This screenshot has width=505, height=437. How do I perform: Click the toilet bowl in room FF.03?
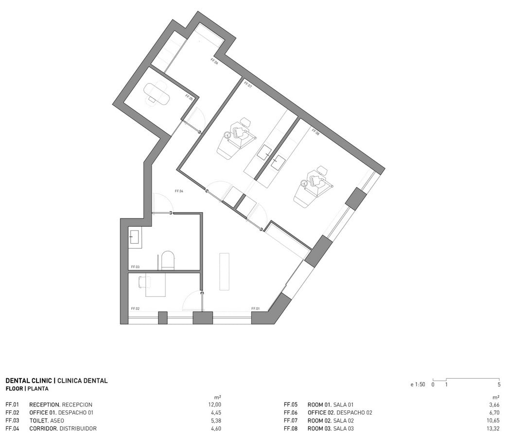click(x=168, y=260)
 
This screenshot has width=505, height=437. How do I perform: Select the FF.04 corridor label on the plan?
click(x=179, y=191)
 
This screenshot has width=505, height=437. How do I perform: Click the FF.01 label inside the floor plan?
click(x=255, y=309)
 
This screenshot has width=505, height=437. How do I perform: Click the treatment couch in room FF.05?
click(x=157, y=93)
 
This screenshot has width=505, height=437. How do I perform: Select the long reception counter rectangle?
click(x=225, y=271)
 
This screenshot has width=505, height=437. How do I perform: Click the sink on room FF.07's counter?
click(x=265, y=152)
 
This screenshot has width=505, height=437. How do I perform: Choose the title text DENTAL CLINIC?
click(x=29, y=381)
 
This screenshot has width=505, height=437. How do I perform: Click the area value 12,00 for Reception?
click(x=215, y=405)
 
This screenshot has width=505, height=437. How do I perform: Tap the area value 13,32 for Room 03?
click(x=493, y=429)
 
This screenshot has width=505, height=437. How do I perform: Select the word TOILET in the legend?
click(x=39, y=420)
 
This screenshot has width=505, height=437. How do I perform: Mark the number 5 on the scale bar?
click(x=499, y=384)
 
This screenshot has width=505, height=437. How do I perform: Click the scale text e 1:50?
click(x=418, y=384)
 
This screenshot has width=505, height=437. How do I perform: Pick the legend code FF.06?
click(x=291, y=413)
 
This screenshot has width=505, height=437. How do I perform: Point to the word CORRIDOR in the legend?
click(x=43, y=429)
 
